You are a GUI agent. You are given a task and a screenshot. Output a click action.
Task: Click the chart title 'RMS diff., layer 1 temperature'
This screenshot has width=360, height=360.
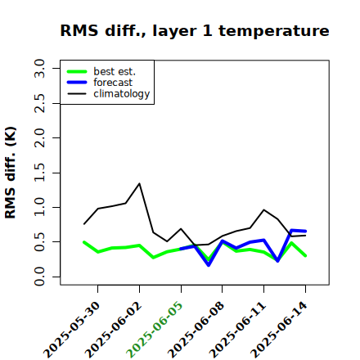point(195,30)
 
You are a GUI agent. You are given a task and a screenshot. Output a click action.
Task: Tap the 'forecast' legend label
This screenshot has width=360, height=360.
point(113,83)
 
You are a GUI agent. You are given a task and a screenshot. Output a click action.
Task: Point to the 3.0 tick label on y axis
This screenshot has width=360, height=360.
point(39,68)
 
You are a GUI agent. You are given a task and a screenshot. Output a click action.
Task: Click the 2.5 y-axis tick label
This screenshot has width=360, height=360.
point(39,103)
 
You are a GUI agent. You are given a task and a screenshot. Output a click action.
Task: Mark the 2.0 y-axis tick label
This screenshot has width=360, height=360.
point(39,137)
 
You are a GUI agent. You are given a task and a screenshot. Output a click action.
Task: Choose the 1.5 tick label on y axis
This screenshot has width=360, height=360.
point(39,173)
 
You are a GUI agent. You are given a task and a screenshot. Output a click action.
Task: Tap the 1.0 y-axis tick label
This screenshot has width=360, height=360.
point(39,207)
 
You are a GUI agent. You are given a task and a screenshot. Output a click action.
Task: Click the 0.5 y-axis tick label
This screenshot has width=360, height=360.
point(39,242)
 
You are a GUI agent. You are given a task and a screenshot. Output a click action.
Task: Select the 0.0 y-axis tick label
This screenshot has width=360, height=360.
point(39,277)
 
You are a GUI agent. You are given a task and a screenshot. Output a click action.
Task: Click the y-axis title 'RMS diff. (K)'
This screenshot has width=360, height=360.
point(11,173)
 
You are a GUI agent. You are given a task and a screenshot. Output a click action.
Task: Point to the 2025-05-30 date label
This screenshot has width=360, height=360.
point(72,330)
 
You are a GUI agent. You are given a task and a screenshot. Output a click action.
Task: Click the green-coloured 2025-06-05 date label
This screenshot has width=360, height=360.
point(155,330)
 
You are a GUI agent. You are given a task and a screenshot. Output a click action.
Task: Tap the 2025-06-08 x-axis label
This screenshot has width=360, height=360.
point(196,330)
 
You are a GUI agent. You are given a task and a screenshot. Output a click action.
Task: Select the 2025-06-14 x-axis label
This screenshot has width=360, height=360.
point(279,330)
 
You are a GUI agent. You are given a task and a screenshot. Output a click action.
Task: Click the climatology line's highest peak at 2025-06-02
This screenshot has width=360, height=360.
point(139,183)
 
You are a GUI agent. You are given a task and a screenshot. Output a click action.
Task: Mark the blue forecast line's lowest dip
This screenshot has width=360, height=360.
point(209,265)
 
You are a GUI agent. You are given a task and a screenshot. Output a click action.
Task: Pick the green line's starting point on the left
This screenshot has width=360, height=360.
point(84,242)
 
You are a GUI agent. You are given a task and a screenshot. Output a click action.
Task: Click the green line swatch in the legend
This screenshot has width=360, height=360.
point(77,71)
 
